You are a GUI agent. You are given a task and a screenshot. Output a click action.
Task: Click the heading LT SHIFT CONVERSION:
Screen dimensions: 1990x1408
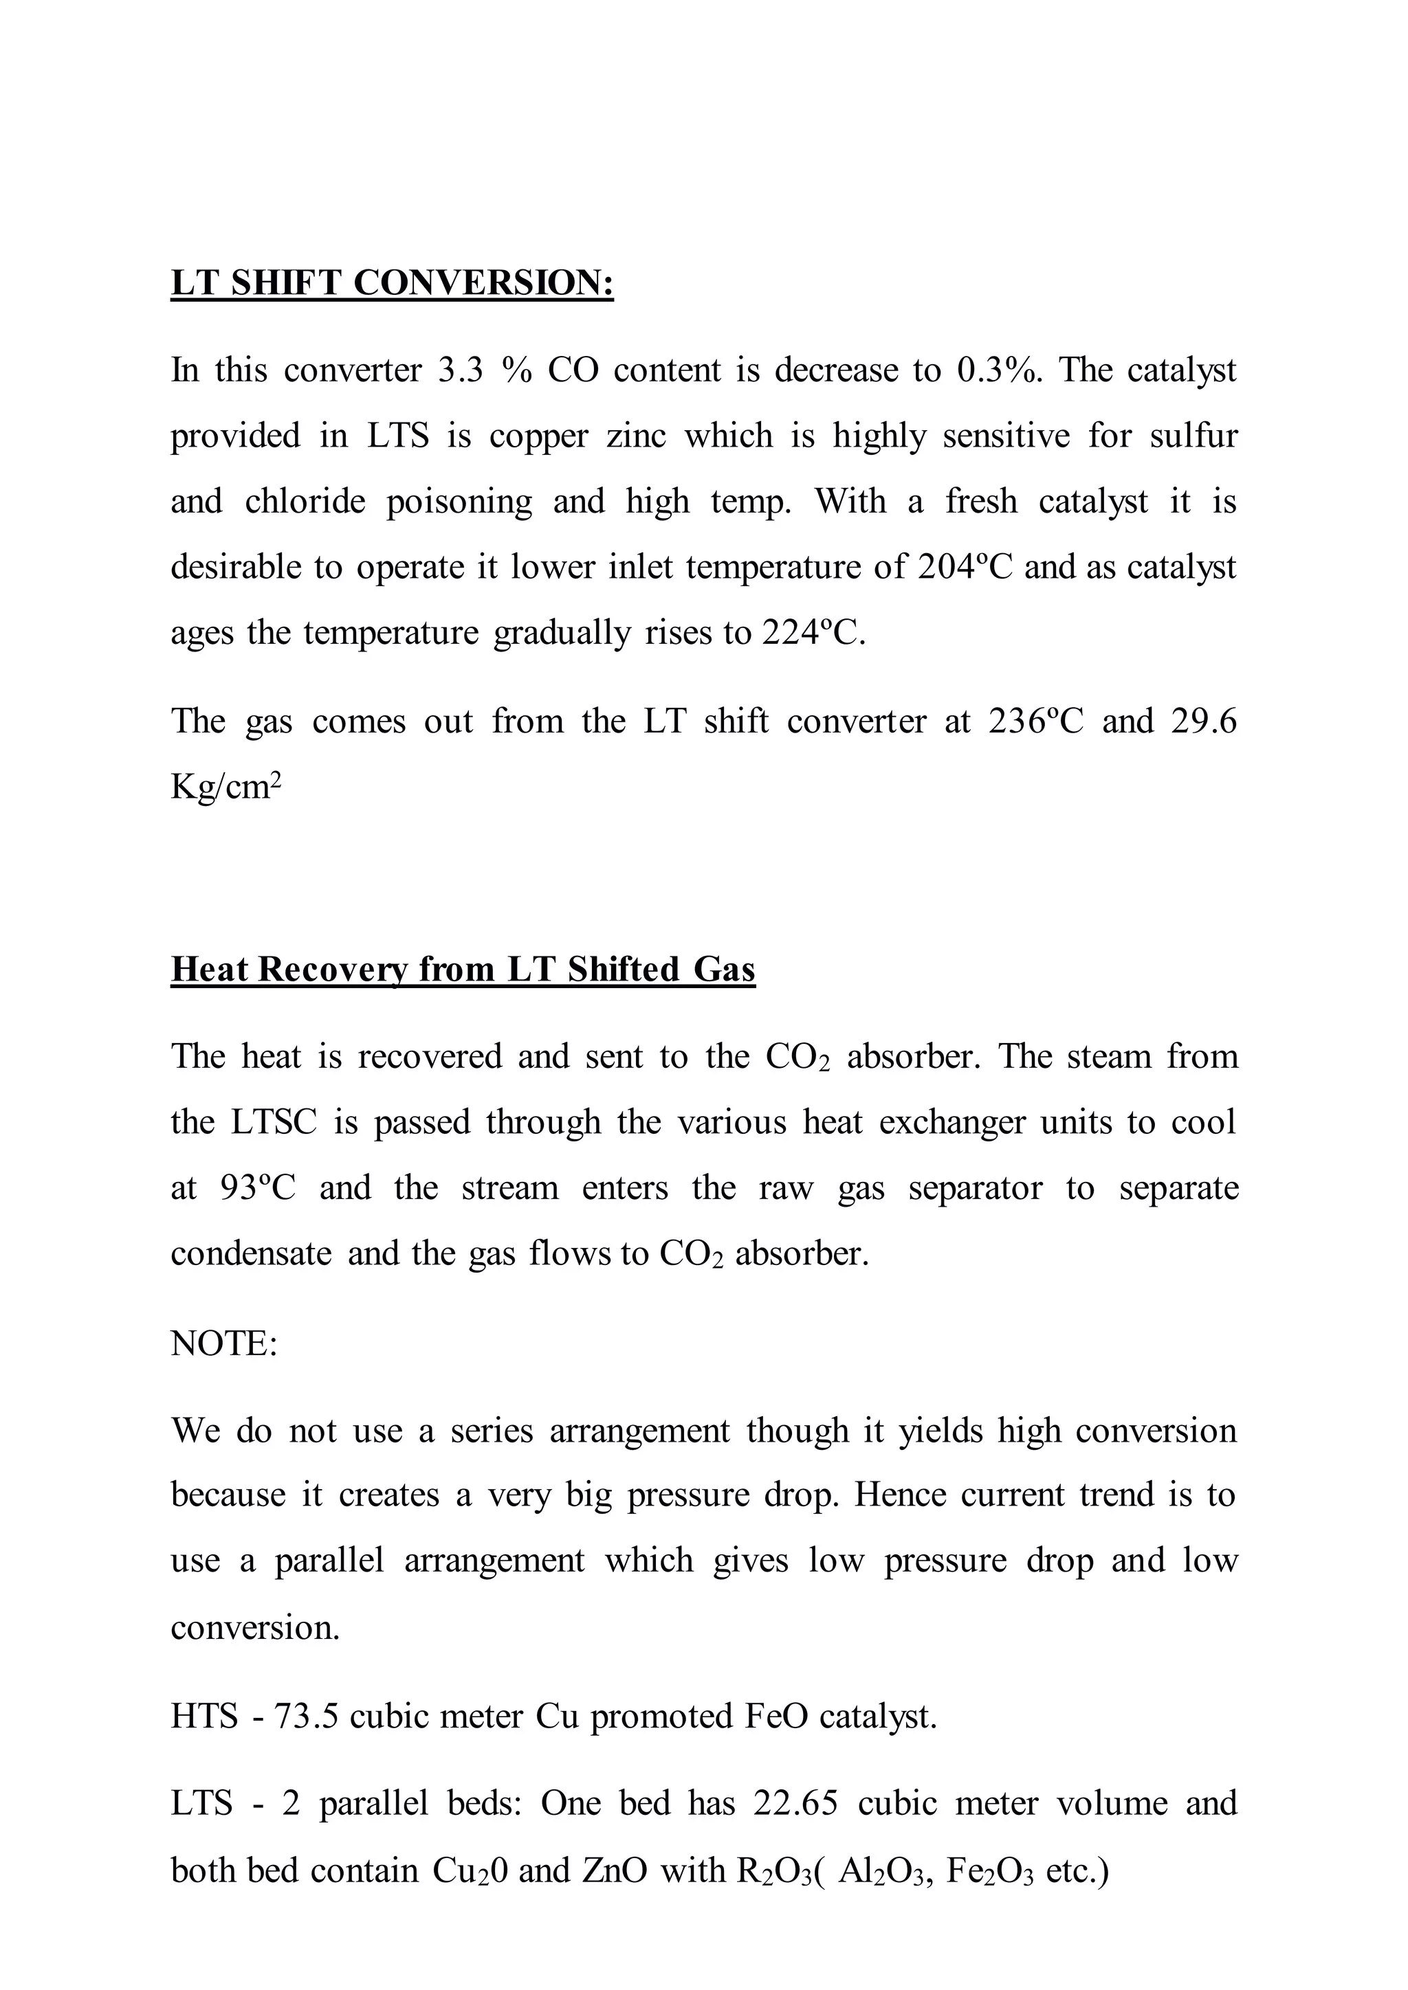point(392,283)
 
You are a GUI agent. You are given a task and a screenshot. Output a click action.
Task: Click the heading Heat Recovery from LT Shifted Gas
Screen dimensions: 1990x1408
point(463,969)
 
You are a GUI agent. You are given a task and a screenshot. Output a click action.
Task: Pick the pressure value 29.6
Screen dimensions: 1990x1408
point(1203,721)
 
